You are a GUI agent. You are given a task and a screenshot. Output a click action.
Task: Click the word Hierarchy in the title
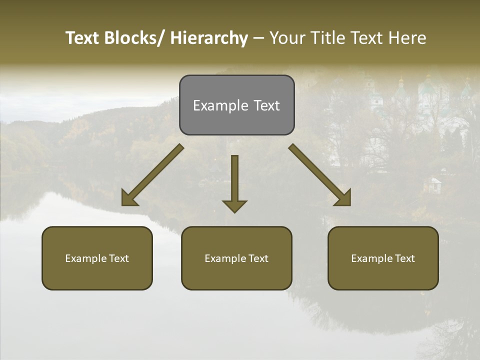click(x=209, y=38)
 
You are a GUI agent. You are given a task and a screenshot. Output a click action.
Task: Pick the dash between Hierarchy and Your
click(x=258, y=38)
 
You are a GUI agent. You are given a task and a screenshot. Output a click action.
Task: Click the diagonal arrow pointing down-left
click(x=152, y=175)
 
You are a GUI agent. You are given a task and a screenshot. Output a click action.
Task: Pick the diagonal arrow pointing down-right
click(x=320, y=175)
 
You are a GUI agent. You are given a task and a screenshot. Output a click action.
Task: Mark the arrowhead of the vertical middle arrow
click(x=234, y=206)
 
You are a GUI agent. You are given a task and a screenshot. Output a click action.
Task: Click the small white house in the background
click(x=432, y=185)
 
